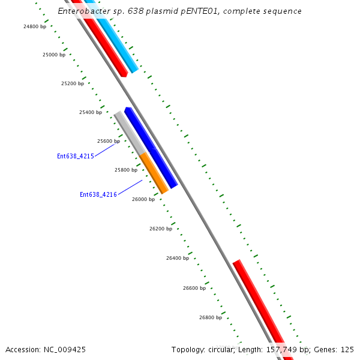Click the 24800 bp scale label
pos(35,26)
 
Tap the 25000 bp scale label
pos(54,55)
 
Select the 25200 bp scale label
pos(73,83)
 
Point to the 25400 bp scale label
pos(91,112)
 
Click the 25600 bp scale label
pos(109,141)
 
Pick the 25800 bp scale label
pos(126,170)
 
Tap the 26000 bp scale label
pos(143,199)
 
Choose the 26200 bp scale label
pos(161,229)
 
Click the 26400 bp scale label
pos(178,258)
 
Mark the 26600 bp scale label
pos(194,288)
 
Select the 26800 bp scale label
pos(211,317)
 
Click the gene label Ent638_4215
pos(76,156)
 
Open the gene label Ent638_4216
pos(98,194)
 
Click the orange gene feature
pos(154,173)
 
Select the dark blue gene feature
pos(151,148)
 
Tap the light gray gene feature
pos(130,133)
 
